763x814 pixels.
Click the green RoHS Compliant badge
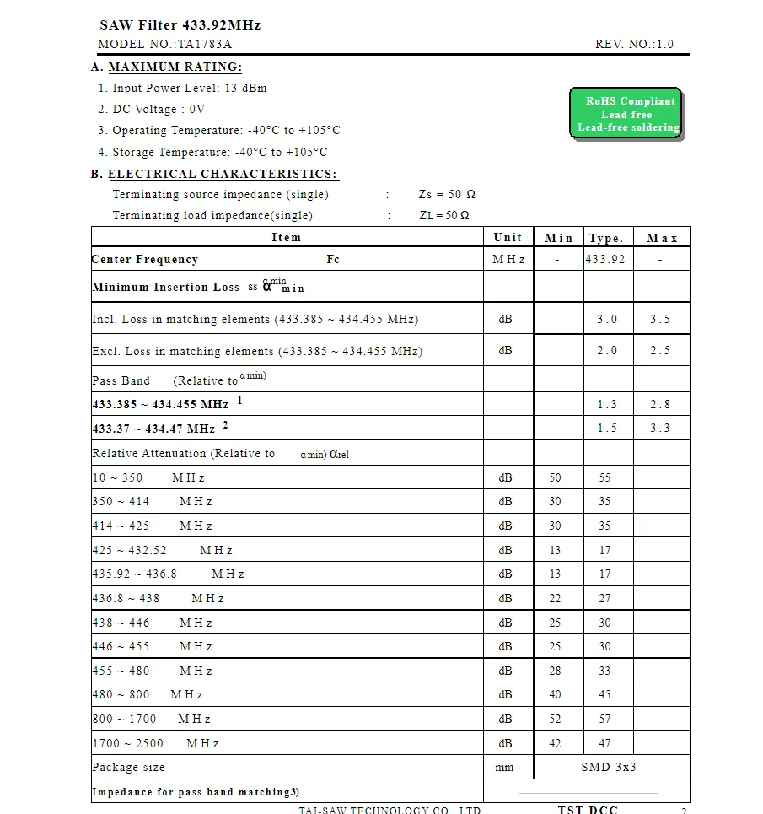[626, 114]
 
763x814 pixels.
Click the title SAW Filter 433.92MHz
[180, 25]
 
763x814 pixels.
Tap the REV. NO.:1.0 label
[634, 45]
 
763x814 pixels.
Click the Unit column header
[508, 238]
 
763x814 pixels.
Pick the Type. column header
[606, 239]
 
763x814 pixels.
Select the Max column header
[662, 239]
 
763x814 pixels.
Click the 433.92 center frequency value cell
[606, 259]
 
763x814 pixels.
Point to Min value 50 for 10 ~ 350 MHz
[555, 477]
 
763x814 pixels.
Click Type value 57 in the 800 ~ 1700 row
[604, 719]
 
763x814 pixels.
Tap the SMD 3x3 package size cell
[609, 767]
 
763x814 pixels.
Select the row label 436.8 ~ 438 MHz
[159, 598]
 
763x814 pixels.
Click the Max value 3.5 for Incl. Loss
[660, 319]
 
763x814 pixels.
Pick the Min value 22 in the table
[555, 598]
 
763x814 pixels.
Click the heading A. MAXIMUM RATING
[166, 67]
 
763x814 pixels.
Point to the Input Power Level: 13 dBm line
[182, 88]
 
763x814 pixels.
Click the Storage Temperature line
[212, 152]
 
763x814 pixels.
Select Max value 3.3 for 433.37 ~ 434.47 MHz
[660, 428]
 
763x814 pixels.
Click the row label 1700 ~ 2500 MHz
[156, 743]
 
